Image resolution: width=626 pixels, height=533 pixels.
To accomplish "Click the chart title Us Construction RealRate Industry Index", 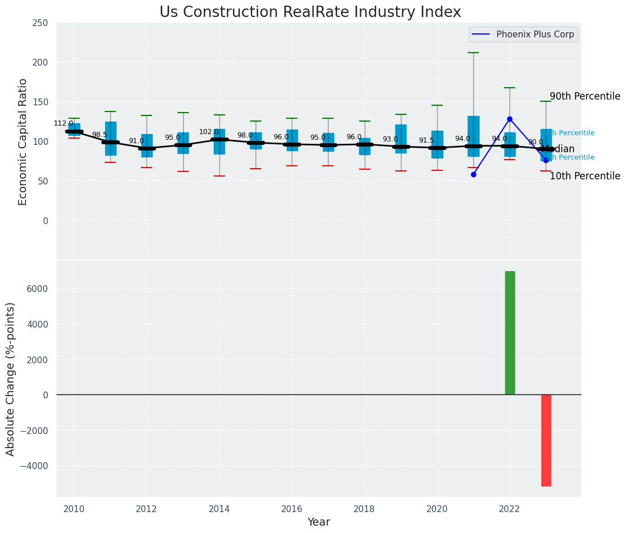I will [x=310, y=12].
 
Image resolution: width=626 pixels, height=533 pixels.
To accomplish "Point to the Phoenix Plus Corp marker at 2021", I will [x=473, y=174].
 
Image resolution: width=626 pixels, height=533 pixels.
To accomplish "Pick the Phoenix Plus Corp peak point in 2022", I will [x=510, y=119].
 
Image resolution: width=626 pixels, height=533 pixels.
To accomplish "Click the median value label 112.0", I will [x=63, y=123].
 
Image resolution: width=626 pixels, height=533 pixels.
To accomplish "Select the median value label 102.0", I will [x=209, y=132].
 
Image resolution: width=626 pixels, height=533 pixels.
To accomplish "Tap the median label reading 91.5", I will [x=426, y=140].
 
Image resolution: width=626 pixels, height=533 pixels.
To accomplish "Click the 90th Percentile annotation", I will [x=585, y=96].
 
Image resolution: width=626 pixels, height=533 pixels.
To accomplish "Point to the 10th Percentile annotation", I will [x=585, y=176].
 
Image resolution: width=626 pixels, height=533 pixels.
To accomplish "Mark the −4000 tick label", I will [x=34, y=466].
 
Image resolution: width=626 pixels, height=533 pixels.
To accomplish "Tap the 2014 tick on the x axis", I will [x=219, y=509].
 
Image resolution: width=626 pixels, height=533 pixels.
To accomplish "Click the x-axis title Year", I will [x=318, y=522].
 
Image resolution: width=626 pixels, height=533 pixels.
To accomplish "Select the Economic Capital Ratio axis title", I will [x=23, y=141].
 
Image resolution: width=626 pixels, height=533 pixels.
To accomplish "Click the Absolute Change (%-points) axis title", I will [x=11, y=379].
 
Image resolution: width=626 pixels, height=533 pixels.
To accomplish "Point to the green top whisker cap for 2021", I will [x=473, y=53].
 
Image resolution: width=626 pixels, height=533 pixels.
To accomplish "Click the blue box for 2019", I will [x=400, y=139].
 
